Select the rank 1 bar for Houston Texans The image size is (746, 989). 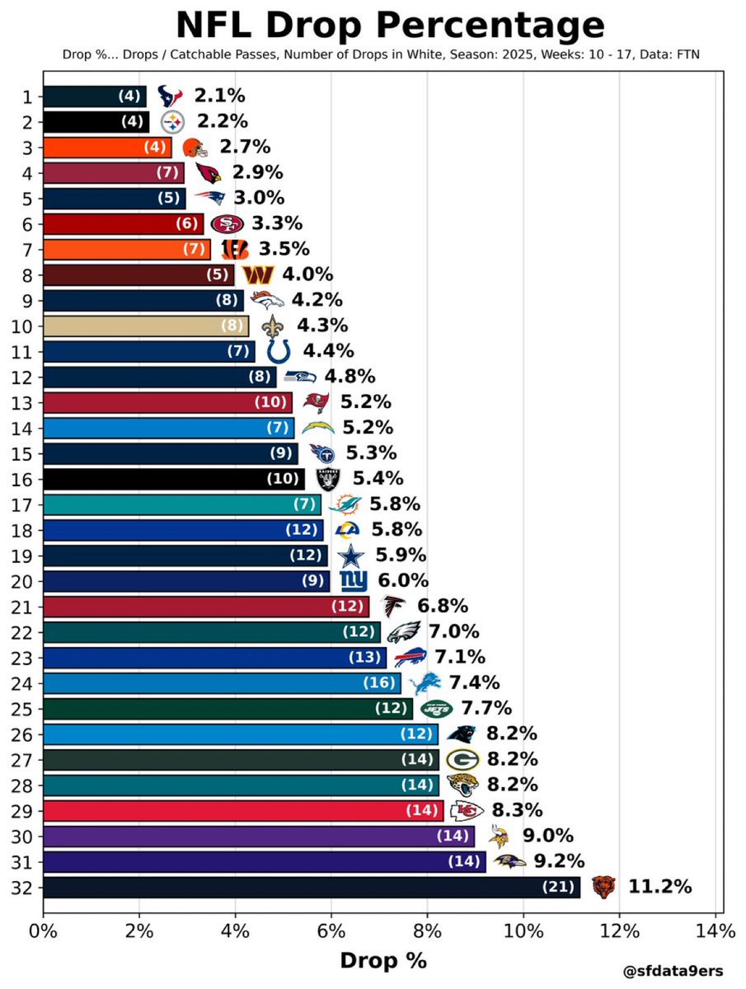94,96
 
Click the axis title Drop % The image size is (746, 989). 382,961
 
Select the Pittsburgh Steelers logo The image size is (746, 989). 172,122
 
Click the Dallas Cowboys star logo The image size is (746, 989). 350,555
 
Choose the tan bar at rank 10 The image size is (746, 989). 145,326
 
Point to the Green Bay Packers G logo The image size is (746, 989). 459,760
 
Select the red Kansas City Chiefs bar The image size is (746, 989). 243,811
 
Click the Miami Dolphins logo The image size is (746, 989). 345,504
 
